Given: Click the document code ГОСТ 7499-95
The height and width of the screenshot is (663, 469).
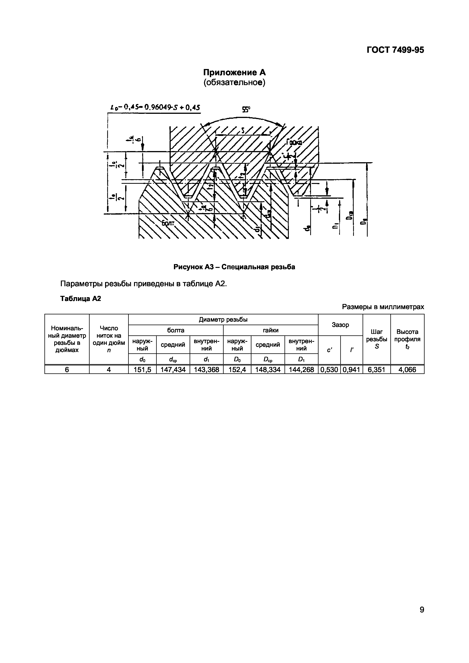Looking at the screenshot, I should (395, 50).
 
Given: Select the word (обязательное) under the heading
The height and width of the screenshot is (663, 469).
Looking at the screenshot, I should (234, 83).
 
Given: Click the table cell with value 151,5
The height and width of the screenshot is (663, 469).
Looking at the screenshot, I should (142, 369).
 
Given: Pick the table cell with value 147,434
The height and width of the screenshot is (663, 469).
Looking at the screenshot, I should (173, 369).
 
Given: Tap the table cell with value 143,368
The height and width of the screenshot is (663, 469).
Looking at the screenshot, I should (206, 369).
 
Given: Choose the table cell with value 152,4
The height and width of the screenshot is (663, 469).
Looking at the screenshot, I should (237, 369).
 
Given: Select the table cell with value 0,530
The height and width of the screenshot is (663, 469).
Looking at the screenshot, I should (329, 369).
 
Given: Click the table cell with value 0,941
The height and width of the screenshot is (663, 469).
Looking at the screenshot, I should (351, 369).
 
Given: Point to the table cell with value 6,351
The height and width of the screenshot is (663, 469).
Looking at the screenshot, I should (377, 369).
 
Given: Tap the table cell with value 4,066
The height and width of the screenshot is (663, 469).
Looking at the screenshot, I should (407, 369).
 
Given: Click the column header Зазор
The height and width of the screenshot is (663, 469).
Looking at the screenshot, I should (340, 325).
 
